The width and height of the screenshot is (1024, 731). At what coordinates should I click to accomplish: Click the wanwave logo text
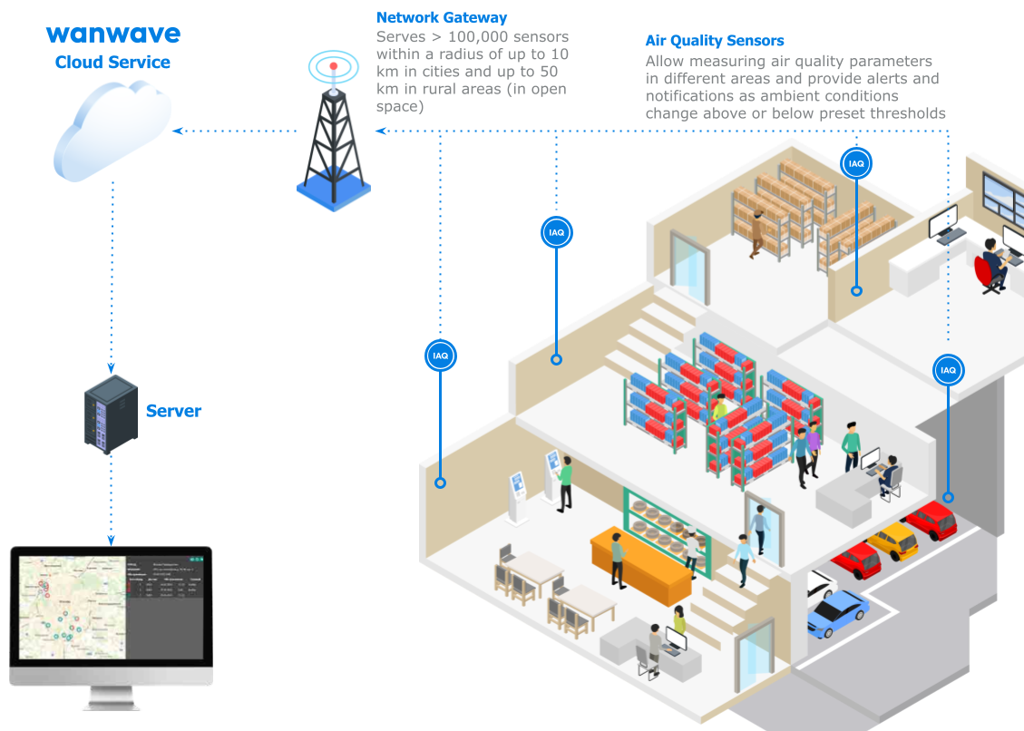pos(112,34)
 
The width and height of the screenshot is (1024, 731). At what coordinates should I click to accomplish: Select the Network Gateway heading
pos(442,17)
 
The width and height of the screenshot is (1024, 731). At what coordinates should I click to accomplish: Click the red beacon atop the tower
pos(334,65)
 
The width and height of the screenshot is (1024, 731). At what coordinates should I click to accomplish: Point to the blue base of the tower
pos(333,193)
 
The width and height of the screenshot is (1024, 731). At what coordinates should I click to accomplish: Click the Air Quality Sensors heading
pos(714,41)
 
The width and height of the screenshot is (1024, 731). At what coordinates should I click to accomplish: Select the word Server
pos(173,411)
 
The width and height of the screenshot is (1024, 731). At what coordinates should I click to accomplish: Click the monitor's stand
pos(111,697)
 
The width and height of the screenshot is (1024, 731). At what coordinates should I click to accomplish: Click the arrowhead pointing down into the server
pos(111,369)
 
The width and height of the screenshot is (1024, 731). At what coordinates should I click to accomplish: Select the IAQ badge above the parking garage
pos(948,370)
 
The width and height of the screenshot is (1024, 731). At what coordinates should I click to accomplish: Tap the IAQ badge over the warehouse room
pos(856,164)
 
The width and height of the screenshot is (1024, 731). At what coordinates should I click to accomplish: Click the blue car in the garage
pos(838,615)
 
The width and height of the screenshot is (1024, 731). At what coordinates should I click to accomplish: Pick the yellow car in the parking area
pos(892,541)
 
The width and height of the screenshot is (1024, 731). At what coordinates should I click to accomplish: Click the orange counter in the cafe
pos(640,568)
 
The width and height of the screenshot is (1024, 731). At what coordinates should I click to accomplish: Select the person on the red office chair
pos(994,262)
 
